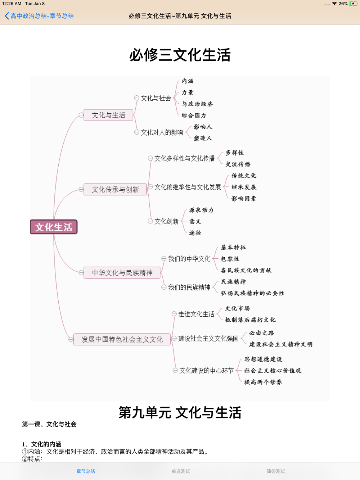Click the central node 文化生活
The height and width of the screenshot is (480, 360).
tap(54, 227)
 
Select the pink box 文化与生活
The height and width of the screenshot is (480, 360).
tap(108, 115)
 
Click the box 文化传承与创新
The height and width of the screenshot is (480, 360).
tap(115, 189)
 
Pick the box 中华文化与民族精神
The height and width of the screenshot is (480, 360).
tap(122, 272)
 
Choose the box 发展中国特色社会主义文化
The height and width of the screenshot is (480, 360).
tap(122, 339)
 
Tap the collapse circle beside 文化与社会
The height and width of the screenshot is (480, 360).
tap(137, 98)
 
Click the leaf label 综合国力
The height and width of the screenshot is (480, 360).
tap(194, 115)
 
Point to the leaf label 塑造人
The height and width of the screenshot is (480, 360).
tap(203, 138)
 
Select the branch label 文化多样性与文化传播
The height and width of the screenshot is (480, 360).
tap(185, 158)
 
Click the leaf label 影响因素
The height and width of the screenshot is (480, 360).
tap(244, 198)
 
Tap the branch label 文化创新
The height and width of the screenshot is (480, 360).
tap(166, 221)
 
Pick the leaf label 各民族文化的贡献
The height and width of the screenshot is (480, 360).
tap(246, 270)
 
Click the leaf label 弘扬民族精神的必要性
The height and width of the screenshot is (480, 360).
tap(252, 293)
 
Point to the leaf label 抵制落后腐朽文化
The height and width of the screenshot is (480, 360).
tap(250, 320)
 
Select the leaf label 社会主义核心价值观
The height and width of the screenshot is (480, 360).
tap(273, 371)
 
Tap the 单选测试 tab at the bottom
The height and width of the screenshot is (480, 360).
tap(181, 471)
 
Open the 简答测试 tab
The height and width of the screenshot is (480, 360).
tap(275, 471)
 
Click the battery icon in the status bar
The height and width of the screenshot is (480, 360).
tap(354, 4)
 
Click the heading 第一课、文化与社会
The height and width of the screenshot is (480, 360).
tap(49, 424)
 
